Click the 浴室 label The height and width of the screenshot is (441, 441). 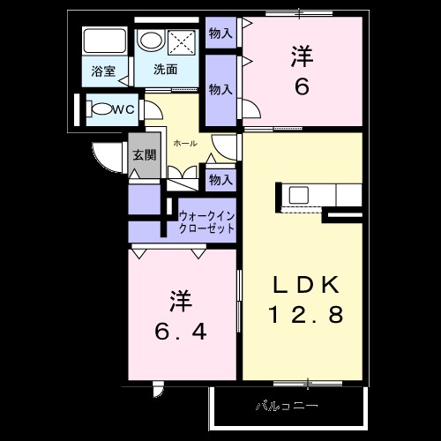[103, 71]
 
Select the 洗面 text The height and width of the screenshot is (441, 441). [165, 68]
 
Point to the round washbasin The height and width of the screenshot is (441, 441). [151, 41]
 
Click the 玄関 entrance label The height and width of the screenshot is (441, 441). [143, 153]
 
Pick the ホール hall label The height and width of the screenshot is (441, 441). [185, 143]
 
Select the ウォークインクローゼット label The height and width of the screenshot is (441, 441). [207, 220]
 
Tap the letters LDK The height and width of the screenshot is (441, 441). [305, 285]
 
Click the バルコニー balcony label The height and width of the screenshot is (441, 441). [287, 407]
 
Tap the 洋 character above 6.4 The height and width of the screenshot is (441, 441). [181, 301]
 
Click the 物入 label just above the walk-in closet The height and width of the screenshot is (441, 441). [220, 180]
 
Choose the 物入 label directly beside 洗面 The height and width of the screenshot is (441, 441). [220, 89]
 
